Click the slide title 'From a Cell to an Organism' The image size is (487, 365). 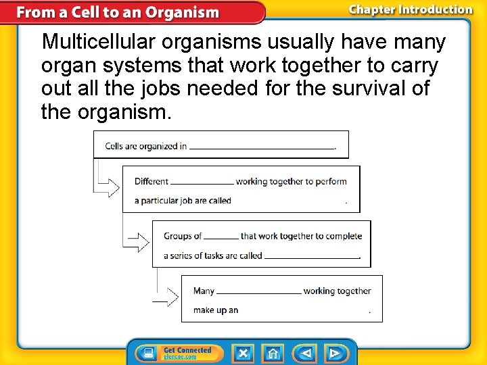point(118,12)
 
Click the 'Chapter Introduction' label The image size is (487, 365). point(411,9)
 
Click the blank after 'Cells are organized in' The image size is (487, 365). point(262,147)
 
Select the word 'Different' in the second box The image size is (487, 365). point(152,181)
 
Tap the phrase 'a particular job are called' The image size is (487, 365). point(183,201)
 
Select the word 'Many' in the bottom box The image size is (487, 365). point(204,291)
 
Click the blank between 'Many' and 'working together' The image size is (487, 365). point(259,293)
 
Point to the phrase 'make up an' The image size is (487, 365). point(216,310)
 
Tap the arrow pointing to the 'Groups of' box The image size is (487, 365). point(139,241)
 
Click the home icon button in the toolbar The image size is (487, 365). point(273,354)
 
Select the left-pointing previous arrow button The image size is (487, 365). point(306,354)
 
